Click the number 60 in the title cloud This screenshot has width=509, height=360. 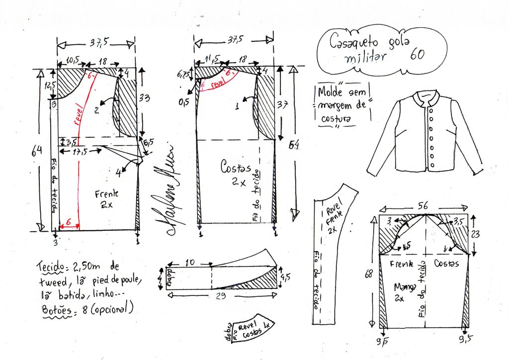417,55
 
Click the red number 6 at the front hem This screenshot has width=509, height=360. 69,221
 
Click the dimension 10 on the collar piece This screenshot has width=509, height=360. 189,262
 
